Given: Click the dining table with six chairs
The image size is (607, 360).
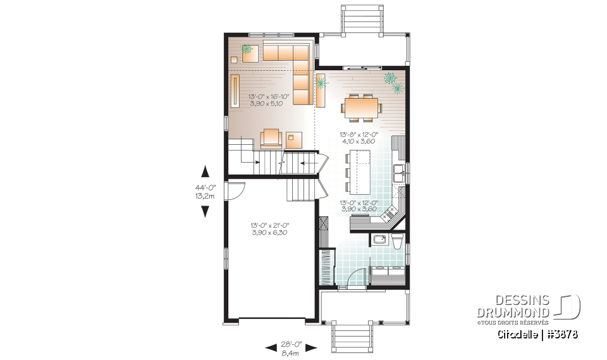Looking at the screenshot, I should (x=361, y=107).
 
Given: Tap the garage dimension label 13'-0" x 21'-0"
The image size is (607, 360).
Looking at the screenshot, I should (x=270, y=228).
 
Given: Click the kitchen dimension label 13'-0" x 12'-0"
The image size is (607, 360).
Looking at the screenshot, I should (x=359, y=206).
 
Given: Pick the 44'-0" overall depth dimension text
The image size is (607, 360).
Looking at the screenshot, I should (x=205, y=191).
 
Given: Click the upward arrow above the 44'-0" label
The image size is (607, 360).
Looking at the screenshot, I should (x=205, y=171).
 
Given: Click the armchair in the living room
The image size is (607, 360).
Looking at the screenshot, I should (x=271, y=137).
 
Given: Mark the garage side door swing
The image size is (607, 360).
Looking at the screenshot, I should (x=235, y=189).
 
